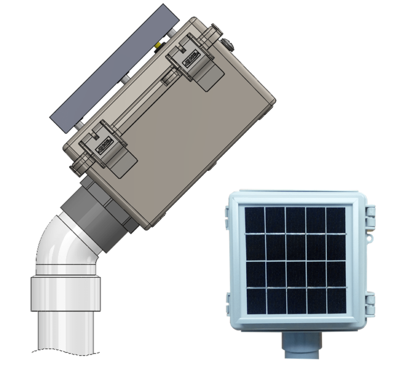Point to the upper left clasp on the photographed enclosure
point(227,216)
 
